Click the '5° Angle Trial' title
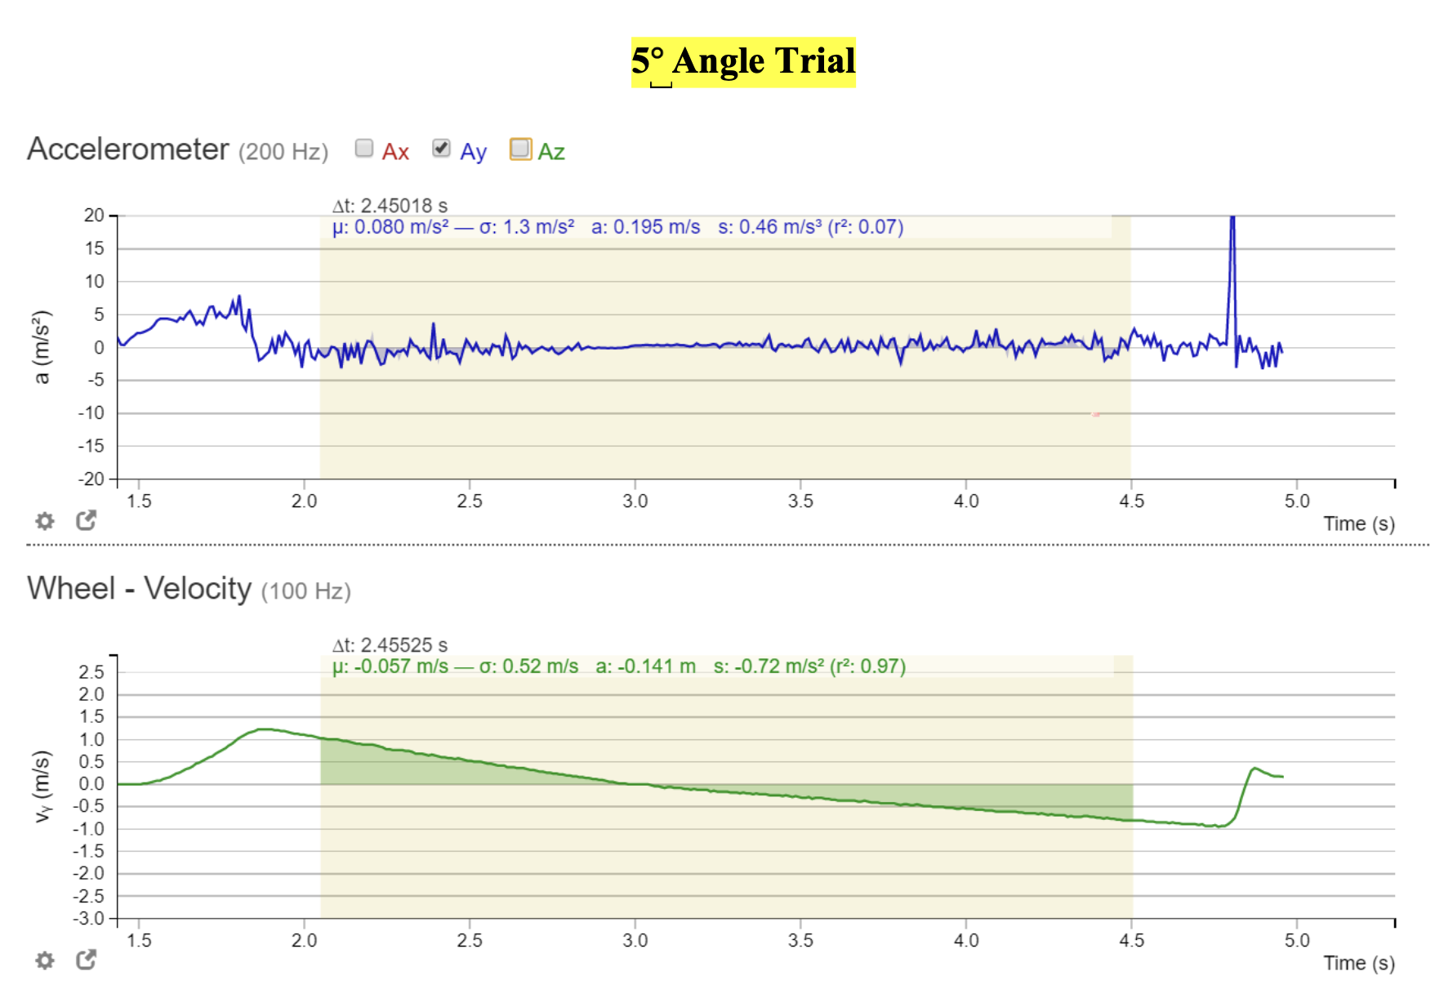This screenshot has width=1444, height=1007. point(743,61)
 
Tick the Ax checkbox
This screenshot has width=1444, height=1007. point(364,148)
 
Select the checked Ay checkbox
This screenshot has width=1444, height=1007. point(441,148)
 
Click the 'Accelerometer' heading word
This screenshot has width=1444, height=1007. point(128,149)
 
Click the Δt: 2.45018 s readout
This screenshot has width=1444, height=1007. point(390,206)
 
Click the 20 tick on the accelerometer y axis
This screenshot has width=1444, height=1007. point(94,216)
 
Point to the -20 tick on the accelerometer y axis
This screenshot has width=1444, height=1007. point(91,479)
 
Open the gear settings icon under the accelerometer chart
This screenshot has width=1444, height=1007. point(45,521)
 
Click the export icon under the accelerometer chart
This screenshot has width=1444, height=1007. point(86,520)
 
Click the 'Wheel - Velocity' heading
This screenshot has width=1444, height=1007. point(140,589)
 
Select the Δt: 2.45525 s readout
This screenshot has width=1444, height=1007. point(390,645)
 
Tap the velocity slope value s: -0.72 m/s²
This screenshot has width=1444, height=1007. point(768,666)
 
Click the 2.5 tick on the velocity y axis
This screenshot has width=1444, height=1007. point(91,672)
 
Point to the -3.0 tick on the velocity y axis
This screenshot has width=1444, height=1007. point(89,919)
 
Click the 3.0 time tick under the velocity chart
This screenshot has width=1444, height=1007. point(635,941)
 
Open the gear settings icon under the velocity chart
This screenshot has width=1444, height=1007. point(45,960)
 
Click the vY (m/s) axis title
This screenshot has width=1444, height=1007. point(42,786)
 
